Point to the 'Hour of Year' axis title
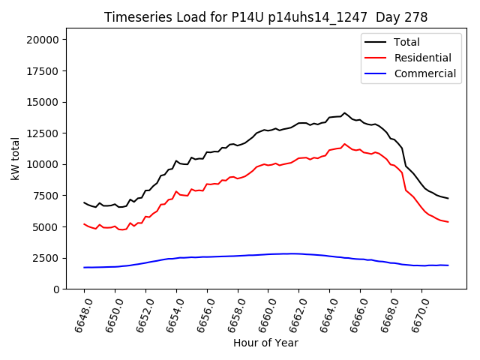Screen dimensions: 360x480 [x=265, y=343]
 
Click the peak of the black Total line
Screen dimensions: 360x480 [x=345, y=113]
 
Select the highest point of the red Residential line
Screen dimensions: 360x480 [x=345, y=144]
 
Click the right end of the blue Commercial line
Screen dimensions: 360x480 [x=448, y=265]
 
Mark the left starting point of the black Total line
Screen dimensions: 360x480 [x=84, y=202]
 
